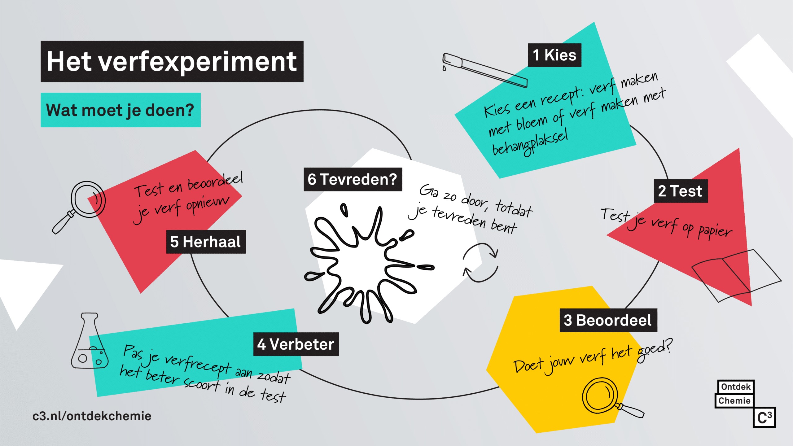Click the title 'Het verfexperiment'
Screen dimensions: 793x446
172,61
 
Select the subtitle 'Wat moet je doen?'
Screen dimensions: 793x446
120,110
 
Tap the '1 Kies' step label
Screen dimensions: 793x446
554,55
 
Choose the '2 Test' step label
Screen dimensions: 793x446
681,191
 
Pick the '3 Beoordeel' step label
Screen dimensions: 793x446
608,320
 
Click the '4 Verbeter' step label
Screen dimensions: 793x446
296,344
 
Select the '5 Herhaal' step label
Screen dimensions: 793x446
206,242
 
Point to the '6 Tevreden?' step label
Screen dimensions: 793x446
353,179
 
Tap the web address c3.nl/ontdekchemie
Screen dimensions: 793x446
92,416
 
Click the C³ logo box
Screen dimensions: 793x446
764,418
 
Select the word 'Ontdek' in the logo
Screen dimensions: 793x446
736,387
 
